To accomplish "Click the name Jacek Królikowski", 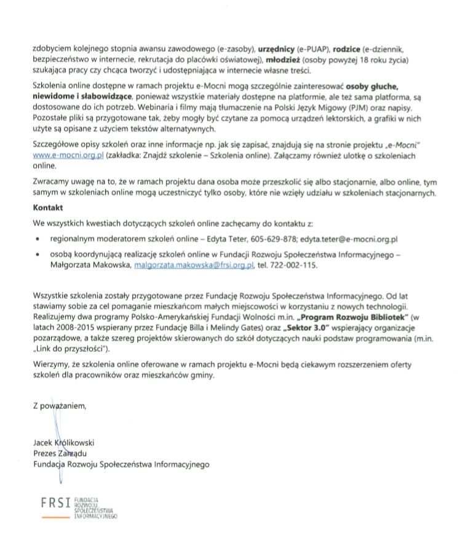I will (x=64, y=442).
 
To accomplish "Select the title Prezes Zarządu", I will (x=60, y=453).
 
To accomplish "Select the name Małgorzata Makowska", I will (x=90, y=265).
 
